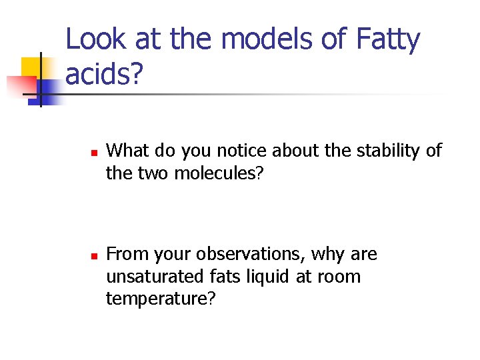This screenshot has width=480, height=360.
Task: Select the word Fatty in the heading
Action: pos(388,39)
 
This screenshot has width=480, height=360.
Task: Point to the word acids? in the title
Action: pos(104,75)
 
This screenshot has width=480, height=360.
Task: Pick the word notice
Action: pos(239,151)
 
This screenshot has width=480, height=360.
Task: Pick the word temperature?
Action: pos(161,299)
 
